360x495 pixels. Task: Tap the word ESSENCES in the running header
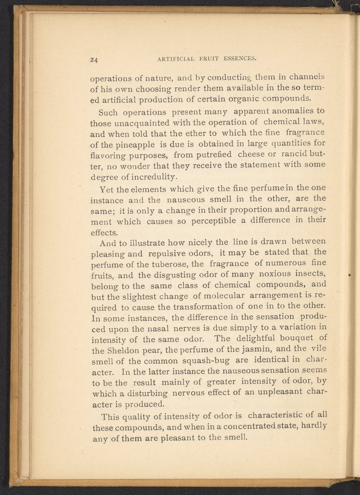coord(240,59)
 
